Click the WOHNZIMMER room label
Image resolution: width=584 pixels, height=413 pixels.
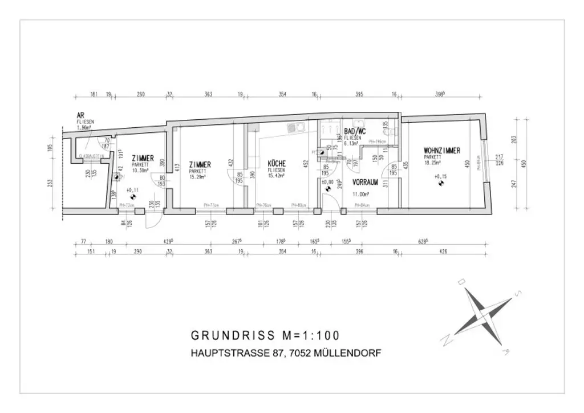coord(442,151)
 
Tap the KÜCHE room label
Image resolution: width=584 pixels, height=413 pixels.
coord(277,164)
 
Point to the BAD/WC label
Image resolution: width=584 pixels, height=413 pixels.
coord(355,132)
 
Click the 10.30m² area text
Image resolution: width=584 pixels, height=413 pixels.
coord(140,170)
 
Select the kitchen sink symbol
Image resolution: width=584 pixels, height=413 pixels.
coord(295,128)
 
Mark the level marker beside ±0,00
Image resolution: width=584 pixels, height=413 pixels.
coord(325,189)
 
